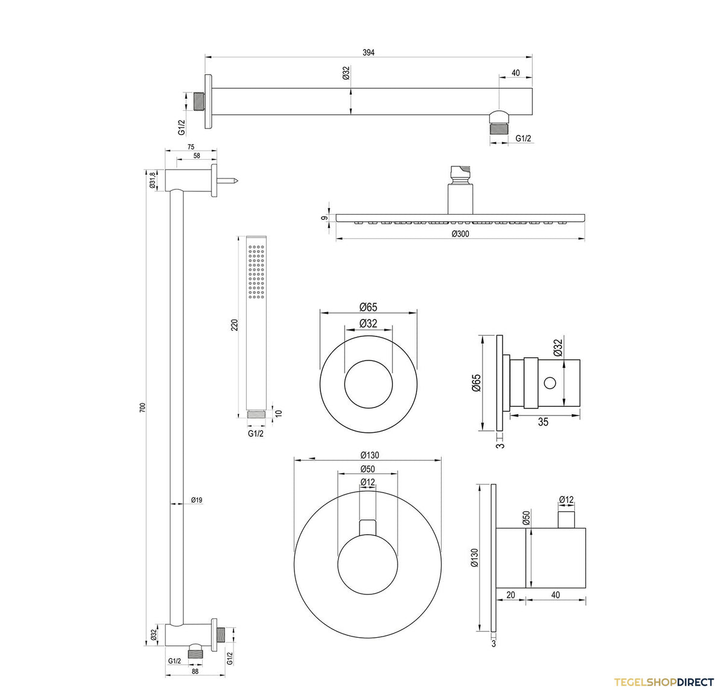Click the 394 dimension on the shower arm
[368, 53]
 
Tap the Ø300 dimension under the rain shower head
[460, 234]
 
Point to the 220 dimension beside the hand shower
[234, 325]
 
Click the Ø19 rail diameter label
[197, 500]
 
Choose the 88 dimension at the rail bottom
[195, 671]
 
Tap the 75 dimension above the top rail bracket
[191, 147]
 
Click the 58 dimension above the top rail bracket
[197, 156]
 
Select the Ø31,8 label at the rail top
[152, 180]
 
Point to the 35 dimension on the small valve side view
[543, 422]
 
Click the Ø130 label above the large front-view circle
[370, 455]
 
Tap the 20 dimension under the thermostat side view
[511, 595]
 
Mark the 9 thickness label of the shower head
[325, 218]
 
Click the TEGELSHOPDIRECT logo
[664, 682]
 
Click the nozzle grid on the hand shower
[256, 272]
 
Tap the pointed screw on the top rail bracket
[227, 181]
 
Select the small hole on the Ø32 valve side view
[550, 382]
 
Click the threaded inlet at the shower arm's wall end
[200, 101]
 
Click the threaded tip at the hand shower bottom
[256, 414]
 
